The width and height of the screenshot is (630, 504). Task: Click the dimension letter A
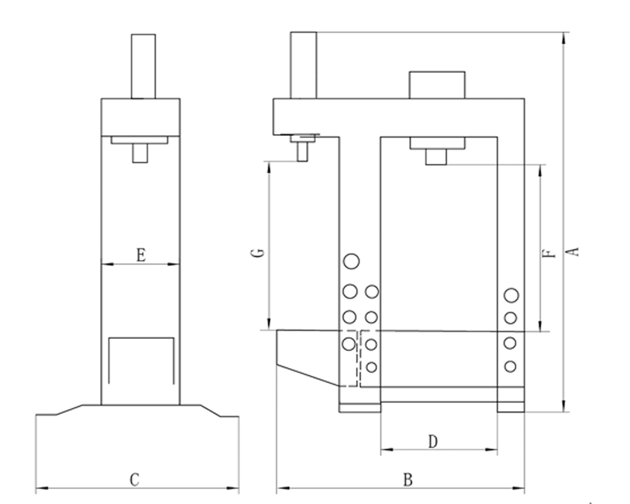point(575,251)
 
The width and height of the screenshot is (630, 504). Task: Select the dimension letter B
point(408,479)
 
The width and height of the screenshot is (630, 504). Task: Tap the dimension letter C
point(135,479)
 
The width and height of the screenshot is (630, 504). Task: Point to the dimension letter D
point(432,441)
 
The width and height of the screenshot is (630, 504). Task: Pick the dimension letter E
point(141,255)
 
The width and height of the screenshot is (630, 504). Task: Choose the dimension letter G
point(260,253)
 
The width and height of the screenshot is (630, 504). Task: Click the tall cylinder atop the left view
point(144,66)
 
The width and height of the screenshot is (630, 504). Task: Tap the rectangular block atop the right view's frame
point(437,85)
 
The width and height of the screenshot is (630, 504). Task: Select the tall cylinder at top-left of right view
point(304,65)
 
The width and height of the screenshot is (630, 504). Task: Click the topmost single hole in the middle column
point(351,261)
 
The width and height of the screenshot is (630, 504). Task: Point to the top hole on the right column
point(512,295)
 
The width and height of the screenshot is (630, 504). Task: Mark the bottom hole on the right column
point(510,367)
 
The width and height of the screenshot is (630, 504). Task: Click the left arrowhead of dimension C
point(42,489)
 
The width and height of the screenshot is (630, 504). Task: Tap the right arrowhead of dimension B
point(518,489)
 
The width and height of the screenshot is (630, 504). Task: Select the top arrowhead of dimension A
point(564,38)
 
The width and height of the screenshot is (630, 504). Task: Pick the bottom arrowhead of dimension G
point(269,324)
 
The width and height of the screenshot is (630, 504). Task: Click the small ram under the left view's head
point(140,153)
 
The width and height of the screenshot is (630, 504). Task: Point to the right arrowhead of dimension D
point(491,449)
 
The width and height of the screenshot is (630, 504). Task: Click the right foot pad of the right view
point(511,407)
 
